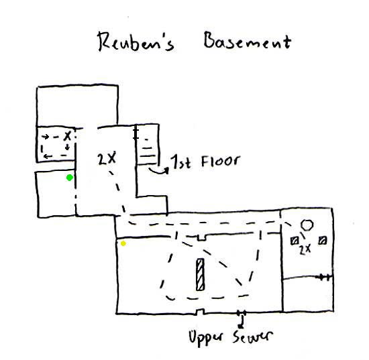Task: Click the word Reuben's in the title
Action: tap(136, 42)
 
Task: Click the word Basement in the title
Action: tap(248, 42)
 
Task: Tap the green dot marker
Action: tap(69, 178)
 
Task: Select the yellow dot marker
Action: tap(123, 243)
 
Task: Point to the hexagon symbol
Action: tap(307, 225)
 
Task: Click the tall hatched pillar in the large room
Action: tap(200, 274)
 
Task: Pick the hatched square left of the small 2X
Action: tap(295, 241)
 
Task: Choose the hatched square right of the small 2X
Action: tap(323, 241)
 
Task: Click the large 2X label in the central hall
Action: tap(107, 158)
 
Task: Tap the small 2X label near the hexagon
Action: tap(305, 249)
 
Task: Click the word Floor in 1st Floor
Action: tap(221, 162)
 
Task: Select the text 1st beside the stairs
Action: tap(181, 162)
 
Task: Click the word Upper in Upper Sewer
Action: tap(205, 338)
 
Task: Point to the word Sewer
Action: tap(253, 337)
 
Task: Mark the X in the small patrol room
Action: tap(68, 136)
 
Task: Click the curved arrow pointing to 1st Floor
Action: tap(159, 171)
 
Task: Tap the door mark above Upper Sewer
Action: tap(242, 313)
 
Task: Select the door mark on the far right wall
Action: tap(325, 278)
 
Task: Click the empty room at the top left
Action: tap(77, 106)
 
